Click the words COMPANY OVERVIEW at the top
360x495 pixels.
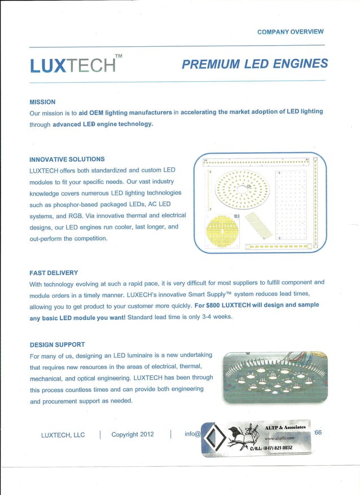(290, 32)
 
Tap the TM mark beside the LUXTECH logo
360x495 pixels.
(118, 56)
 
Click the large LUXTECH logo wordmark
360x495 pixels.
(72, 66)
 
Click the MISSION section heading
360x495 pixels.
(42, 102)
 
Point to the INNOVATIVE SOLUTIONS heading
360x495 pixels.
(67, 159)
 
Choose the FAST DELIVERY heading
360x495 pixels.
(54, 273)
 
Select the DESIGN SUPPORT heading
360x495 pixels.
(57, 344)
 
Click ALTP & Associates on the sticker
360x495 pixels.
(285, 427)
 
